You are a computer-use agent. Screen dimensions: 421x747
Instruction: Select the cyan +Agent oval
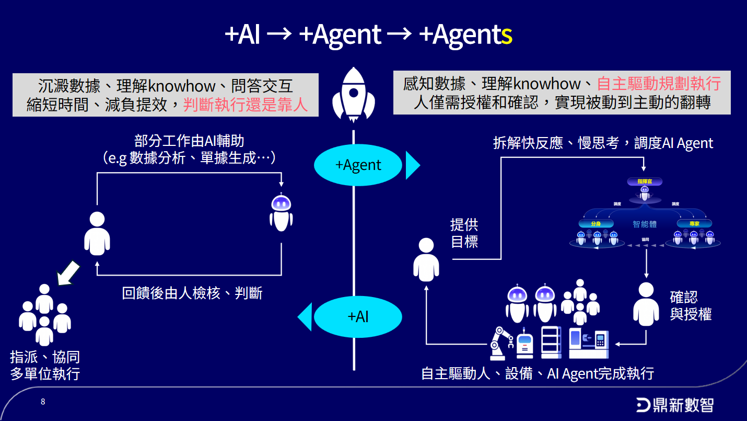(x=358, y=165)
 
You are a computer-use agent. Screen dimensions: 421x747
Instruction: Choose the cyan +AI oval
(x=358, y=316)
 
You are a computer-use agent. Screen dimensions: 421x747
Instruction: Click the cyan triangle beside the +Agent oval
(x=412, y=165)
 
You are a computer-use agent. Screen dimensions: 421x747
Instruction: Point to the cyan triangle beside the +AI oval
(x=305, y=316)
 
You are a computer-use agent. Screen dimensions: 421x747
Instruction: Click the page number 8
(x=43, y=402)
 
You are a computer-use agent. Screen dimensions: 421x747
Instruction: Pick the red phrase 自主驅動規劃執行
(x=659, y=84)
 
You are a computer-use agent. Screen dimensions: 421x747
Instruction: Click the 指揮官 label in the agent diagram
(x=645, y=181)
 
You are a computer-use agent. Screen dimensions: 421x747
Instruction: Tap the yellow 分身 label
(x=596, y=223)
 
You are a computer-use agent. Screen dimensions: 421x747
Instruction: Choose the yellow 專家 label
(x=694, y=223)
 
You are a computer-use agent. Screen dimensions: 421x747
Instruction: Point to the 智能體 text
(x=645, y=224)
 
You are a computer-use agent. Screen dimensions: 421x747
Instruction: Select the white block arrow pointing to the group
(x=68, y=273)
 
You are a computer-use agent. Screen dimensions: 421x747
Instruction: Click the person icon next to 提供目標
(x=426, y=260)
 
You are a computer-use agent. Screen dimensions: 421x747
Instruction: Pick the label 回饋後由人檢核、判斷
(x=192, y=293)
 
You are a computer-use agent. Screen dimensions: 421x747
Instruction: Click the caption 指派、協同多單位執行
(x=45, y=366)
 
